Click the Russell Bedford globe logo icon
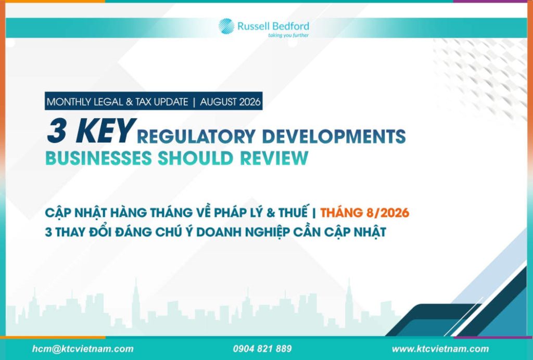tap(226, 26)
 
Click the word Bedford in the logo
tap(292, 26)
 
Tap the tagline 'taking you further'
tap(288, 35)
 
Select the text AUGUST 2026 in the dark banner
tap(230, 102)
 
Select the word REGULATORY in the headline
tap(196, 136)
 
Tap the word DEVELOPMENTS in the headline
tap(334, 136)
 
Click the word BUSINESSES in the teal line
tap(98, 158)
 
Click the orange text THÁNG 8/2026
tap(365, 213)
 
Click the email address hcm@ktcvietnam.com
tap(83, 349)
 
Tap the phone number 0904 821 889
tap(262, 349)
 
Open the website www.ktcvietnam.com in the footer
tap(440, 349)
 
